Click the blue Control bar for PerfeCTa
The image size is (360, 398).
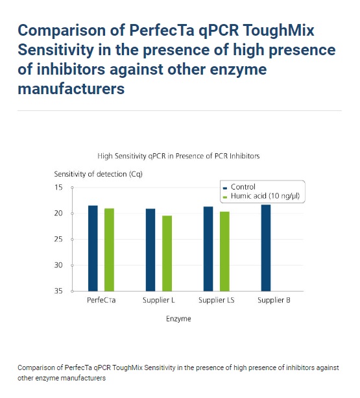tap(93, 248)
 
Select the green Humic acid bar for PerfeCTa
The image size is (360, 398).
tap(109, 250)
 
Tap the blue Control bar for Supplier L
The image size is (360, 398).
tap(150, 250)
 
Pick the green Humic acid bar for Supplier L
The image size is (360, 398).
tap(167, 253)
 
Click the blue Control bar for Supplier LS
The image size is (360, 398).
tap(208, 249)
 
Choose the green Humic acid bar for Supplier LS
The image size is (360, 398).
tap(224, 251)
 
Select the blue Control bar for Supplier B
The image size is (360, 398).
tap(266, 248)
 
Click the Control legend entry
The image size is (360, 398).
tap(239, 187)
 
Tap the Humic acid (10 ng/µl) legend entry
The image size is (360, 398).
tap(261, 196)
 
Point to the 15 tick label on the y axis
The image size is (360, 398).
tap(58, 188)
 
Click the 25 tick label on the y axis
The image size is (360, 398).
tap(58, 239)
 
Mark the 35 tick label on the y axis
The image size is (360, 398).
tap(58, 291)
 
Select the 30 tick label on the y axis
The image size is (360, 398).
tap(58, 265)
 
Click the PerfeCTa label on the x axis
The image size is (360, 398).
tap(101, 300)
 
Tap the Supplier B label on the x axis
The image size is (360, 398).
tap(274, 300)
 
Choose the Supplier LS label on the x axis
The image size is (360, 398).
tap(216, 300)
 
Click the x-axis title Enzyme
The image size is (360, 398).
tap(178, 319)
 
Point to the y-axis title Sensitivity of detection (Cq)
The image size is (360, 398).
tap(99, 174)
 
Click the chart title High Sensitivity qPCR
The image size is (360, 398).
tap(178, 156)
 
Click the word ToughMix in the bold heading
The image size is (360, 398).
tap(279, 31)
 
